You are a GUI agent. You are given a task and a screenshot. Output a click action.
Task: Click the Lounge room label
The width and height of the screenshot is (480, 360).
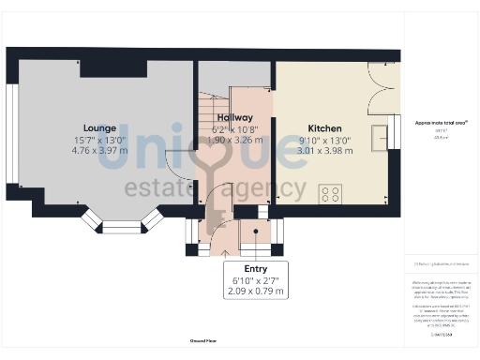tap(98, 127)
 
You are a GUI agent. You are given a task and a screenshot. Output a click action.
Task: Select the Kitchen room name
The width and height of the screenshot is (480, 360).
tap(325, 127)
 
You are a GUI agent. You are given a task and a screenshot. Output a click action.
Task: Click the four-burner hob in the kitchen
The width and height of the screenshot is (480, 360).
tap(330, 194)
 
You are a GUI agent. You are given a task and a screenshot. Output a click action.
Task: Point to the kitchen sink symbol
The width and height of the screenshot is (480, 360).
tap(380, 139)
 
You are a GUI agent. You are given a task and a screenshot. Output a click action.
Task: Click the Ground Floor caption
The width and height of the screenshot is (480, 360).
tap(203, 341)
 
